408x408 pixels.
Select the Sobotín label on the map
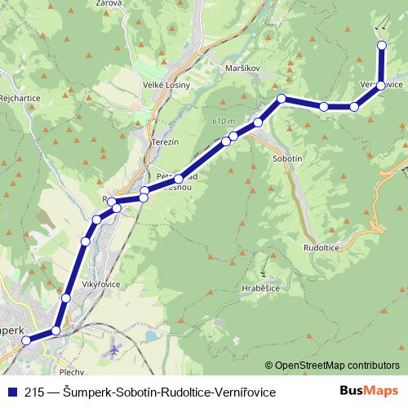pos(290,158)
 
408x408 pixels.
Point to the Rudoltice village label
pos(320,246)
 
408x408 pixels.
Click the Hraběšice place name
pos(261,288)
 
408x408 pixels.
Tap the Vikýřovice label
pos(103,285)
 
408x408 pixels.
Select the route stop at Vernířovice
pos(381,86)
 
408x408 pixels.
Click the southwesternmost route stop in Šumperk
pos(26,340)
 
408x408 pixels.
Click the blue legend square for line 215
pos(11,392)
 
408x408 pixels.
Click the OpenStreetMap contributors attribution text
pos(336,366)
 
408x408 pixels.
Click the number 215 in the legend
pos(33,392)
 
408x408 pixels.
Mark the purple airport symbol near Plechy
pos(114,350)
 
